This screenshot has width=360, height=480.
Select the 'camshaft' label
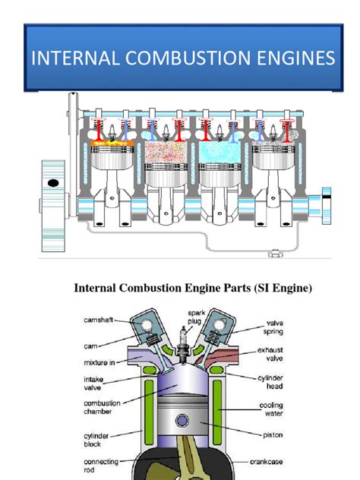coord(99,321)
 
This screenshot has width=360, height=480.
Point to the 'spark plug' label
coord(197,316)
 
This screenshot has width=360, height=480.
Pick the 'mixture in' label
coord(99,362)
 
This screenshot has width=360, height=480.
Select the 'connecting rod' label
coord(100,466)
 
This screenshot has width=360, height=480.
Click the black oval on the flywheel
coord(53,184)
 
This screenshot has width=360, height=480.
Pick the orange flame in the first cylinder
coord(112,142)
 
